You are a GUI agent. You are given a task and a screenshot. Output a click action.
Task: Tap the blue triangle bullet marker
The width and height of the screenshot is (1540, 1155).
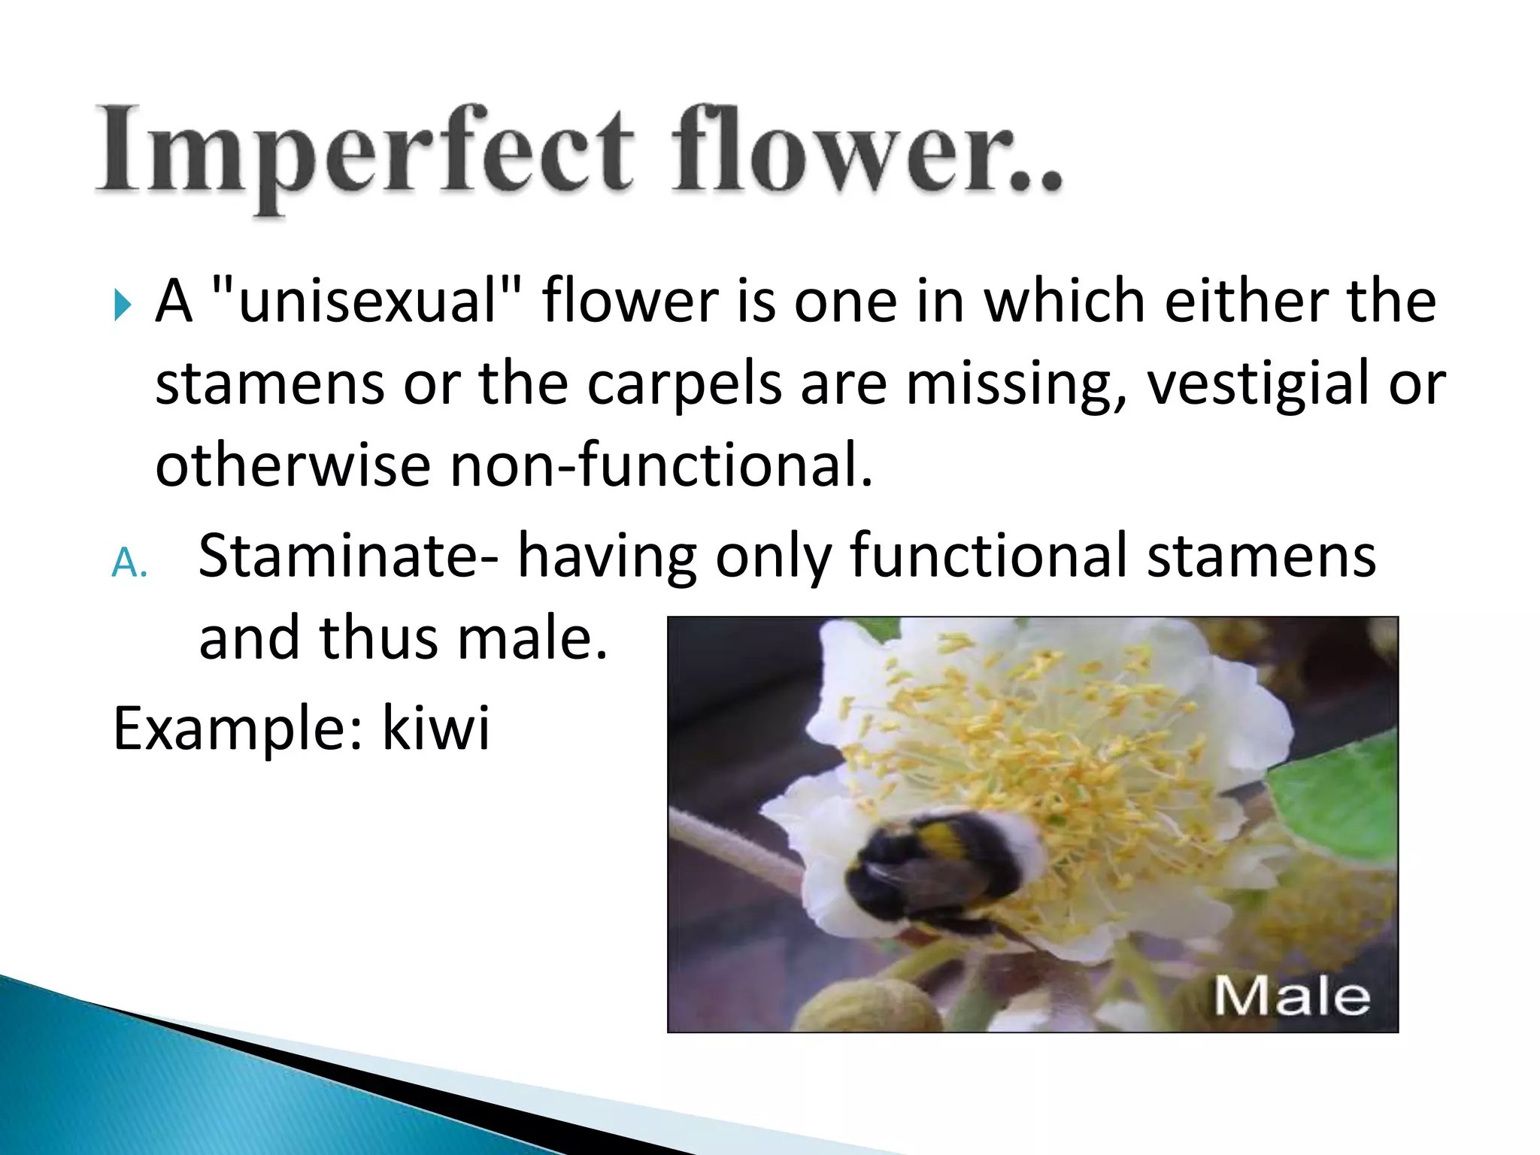123,305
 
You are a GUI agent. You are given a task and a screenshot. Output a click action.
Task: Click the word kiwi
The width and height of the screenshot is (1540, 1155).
436,728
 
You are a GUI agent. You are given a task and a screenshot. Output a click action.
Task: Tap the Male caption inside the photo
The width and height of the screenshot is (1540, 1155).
1291,996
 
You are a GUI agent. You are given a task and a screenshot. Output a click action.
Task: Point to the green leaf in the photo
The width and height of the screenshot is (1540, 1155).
1338,797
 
